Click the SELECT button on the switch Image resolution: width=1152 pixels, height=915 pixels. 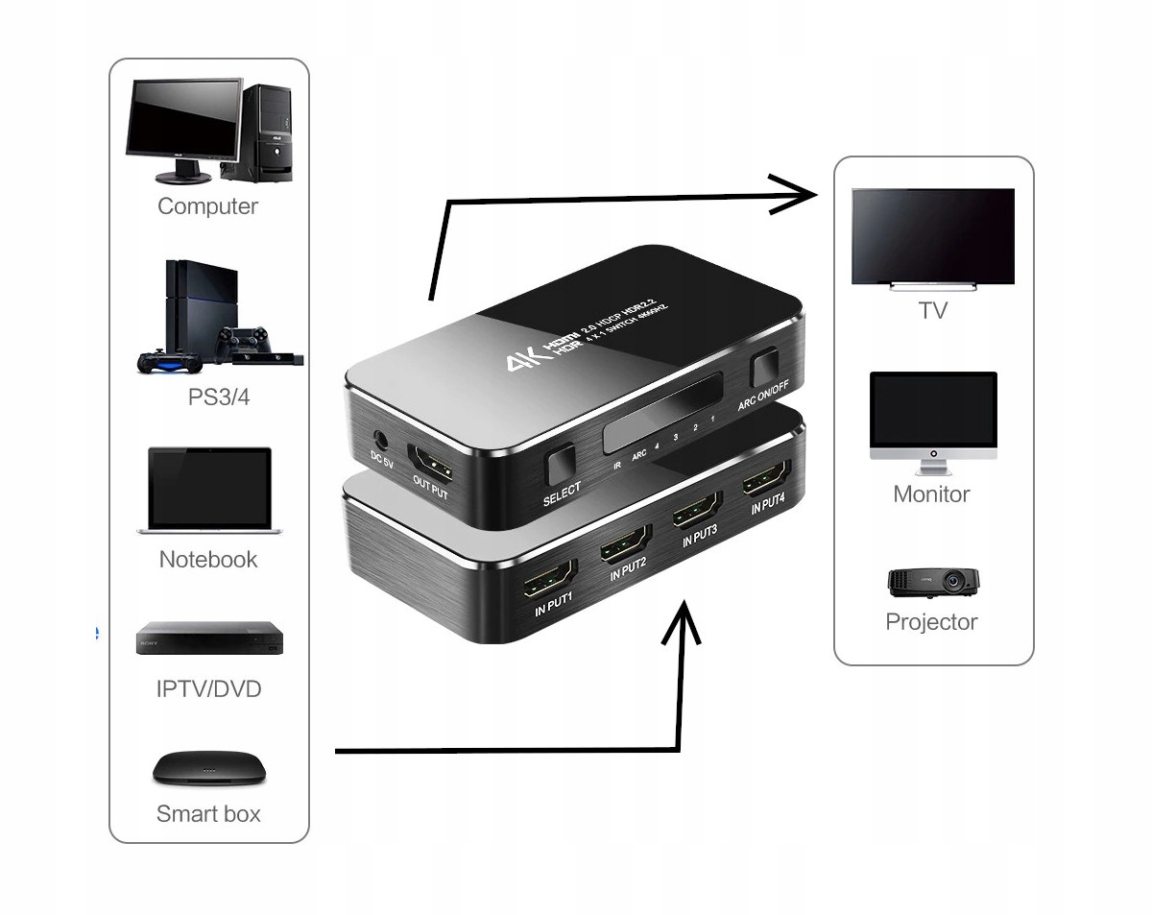coord(560,466)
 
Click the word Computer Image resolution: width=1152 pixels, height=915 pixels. coord(207,206)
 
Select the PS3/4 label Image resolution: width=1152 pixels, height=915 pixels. coord(219,397)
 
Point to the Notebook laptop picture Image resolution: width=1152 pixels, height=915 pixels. coord(209,491)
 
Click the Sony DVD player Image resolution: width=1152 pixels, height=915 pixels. coord(210,638)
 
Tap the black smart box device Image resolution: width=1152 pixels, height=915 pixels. coord(208,767)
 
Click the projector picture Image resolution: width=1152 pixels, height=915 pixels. coord(932,582)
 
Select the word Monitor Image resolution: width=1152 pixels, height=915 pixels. coord(931,494)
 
